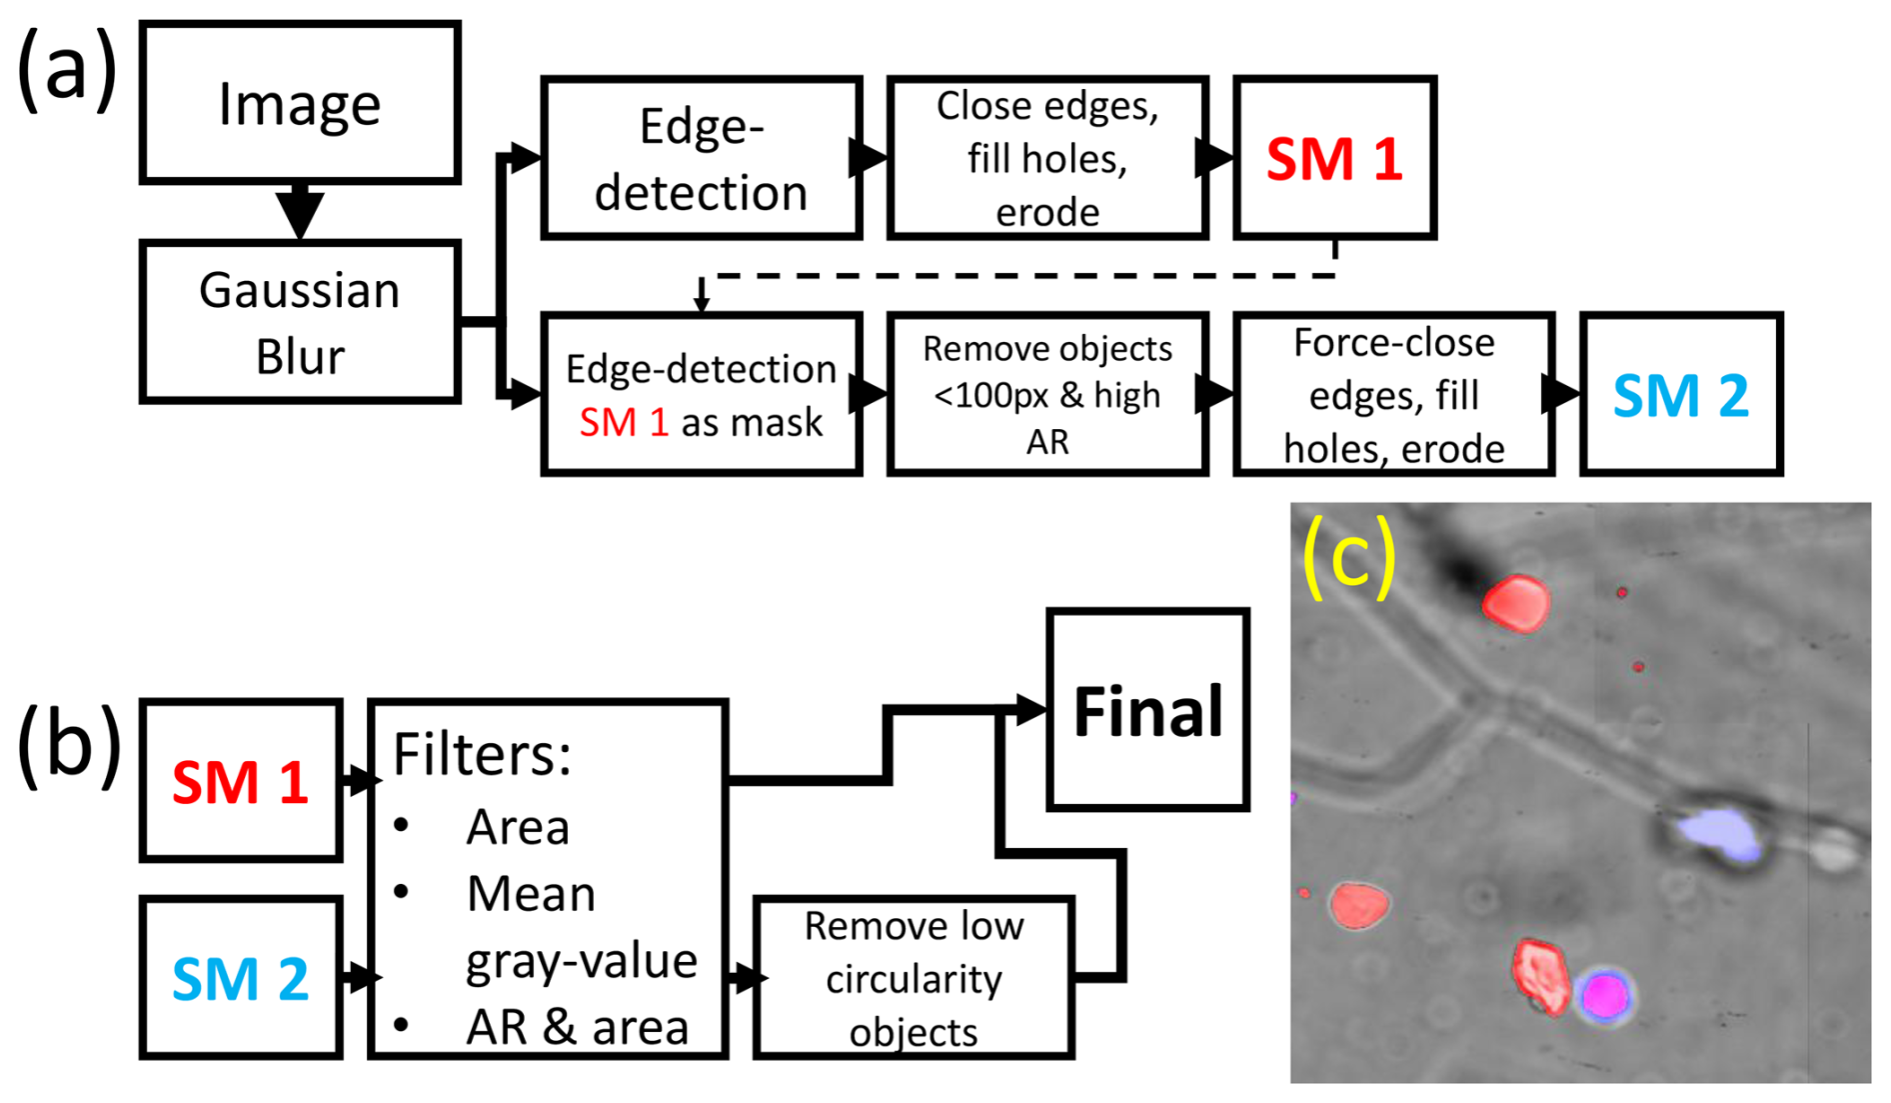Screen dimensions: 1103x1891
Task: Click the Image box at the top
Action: (299, 103)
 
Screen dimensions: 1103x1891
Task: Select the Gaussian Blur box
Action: (299, 322)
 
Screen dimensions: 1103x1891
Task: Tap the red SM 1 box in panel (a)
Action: (1334, 158)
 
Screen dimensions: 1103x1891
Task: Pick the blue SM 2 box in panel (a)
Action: (1680, 394)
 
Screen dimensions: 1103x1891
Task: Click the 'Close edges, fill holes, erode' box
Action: (1046, 158)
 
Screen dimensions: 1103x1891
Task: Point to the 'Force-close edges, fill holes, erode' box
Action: (1393, 394)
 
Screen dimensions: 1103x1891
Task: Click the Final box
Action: (1147, 709)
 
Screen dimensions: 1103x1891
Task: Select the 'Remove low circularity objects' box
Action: (914, 978)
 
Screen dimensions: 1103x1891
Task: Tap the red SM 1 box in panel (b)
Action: (240, 781)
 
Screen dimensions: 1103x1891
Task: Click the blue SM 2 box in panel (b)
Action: (240, 977)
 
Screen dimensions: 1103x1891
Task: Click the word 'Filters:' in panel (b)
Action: (482, 754)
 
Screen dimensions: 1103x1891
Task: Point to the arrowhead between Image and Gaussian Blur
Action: (300, 211)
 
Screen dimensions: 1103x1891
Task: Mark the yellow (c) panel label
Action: (1348, 556)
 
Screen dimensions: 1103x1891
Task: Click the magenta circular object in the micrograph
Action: (1604, 995)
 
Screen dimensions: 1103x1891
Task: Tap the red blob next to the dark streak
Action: (1516, 603)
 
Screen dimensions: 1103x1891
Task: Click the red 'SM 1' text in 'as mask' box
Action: (623, 422)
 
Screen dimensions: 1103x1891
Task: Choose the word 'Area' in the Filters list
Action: (518, 827)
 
